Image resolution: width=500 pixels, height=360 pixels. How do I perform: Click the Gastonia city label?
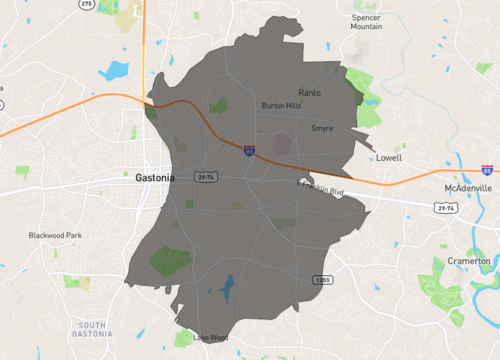pyautogui.click(x=154, y=177)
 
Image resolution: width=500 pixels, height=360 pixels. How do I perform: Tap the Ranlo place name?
pyautogui.click(x=310, y=91)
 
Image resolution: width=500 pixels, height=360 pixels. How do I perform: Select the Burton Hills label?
pyautogui.click(x=281, y=105)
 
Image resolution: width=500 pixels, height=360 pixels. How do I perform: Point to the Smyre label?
pyautogui.click(x=322, y=128)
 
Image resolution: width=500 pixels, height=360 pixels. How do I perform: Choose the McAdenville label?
pyautogui.click(x=469, y=188)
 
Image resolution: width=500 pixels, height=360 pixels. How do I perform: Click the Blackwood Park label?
pyautogui.click(x=55, y=236)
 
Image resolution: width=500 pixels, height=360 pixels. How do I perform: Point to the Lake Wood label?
pyautogui.click(x=211, y=338)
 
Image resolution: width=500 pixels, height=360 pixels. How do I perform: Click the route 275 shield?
pyautogui.click(x=87, y=4)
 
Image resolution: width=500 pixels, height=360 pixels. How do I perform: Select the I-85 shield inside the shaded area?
pyautogui.click(x=248, y=151)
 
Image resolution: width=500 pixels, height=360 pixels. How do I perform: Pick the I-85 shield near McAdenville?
pyautogui.click(x=487, y=171)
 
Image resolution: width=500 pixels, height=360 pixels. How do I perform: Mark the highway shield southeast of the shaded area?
pyautogui.click(x=320, y=278)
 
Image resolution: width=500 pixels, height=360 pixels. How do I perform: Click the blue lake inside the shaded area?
pyautogui.click(x=228, y=290)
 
